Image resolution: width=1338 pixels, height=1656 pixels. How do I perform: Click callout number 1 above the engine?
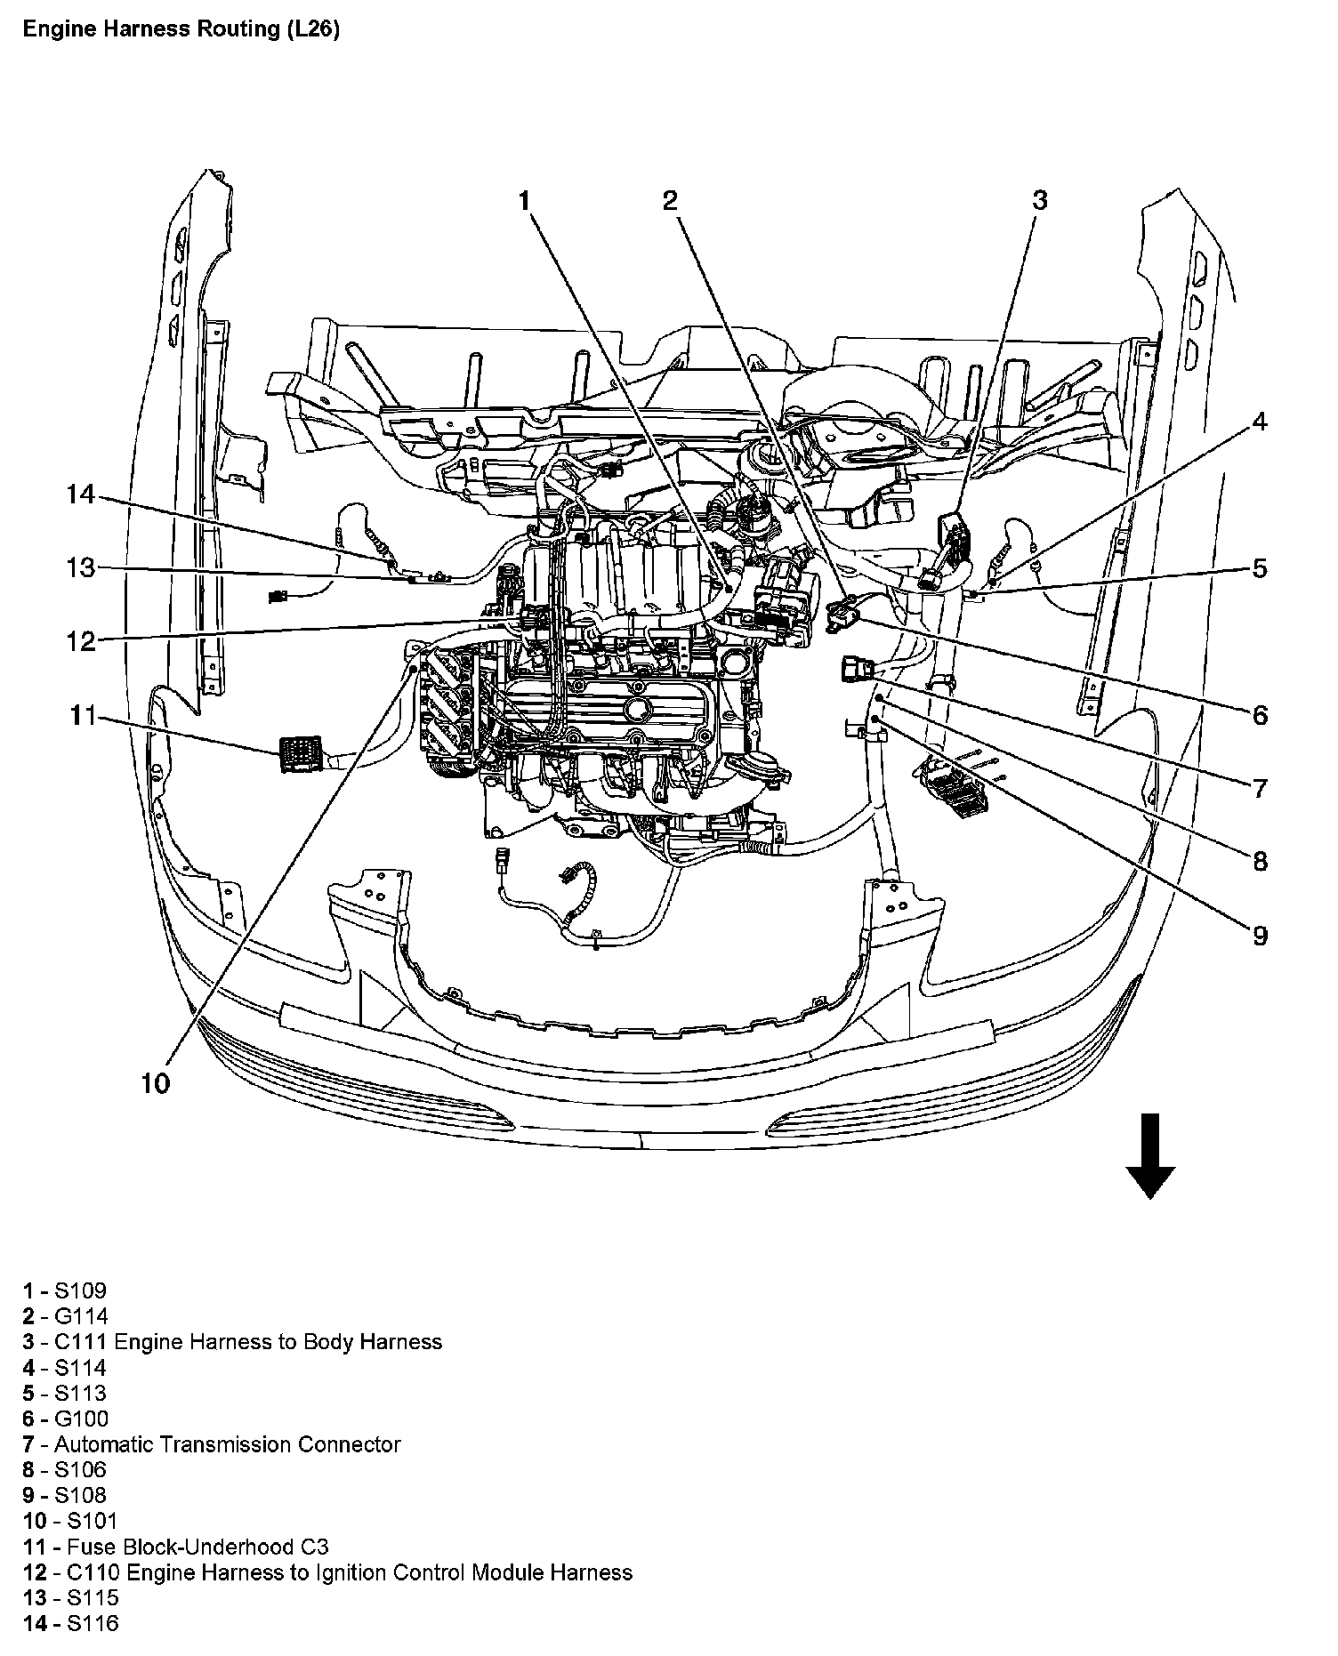coord(525,201)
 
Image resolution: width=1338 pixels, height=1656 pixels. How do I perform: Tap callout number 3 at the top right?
coord(1039,200)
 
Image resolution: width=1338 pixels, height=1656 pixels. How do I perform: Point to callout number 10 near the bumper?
coord(155,1083)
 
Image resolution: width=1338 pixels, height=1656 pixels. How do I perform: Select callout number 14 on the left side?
coord(80,494)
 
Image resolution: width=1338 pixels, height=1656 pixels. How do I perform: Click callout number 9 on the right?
coord(1260,935)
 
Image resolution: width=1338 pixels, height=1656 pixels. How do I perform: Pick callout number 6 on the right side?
coord(1260,714)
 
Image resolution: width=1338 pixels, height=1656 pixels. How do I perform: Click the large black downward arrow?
coord(1150,1156)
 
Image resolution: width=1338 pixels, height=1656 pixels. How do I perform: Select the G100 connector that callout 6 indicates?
coord(841,614)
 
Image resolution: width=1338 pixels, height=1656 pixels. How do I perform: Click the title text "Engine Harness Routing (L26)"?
coord(181,29)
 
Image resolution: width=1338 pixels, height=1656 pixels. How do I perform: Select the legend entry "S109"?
coord(79,1290)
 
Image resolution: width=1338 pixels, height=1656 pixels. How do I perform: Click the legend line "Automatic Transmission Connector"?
coord(227,1444)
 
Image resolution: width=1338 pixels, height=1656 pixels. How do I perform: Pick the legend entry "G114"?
coord(80,1316)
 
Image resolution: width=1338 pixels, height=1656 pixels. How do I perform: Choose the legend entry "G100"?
coord(80,1419)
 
